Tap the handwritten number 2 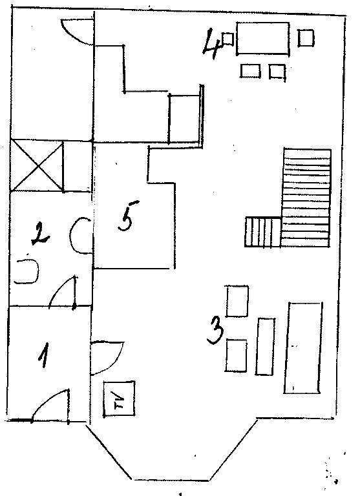coord(41,233)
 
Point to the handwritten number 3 coord(215,331)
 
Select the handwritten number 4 coord(213,44)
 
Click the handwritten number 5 coord(127,216)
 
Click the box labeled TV coord(120,398)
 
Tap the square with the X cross coord(37,166)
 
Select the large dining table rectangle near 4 coord(263,39)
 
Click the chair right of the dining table coord(306,38)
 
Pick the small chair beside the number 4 coord(228,39)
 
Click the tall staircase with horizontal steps coord(306,198)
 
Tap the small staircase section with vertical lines coord(263,232)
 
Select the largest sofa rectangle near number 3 coord(303,348)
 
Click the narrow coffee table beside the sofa coord(266,346)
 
